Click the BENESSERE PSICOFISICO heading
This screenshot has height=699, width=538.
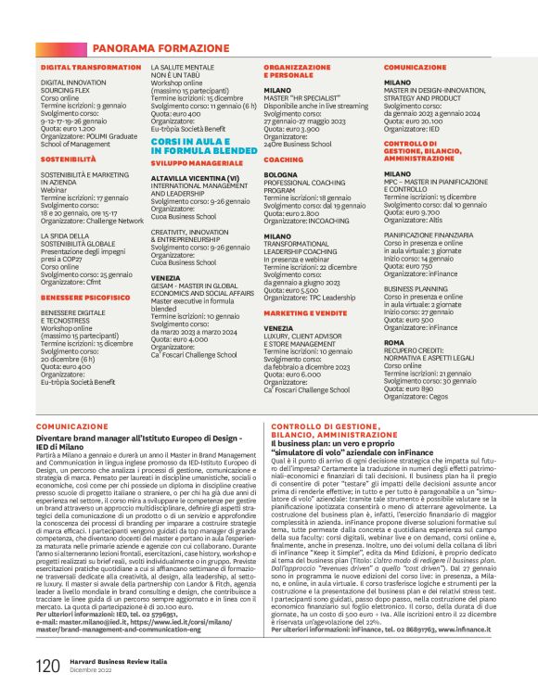[x=85, y=297]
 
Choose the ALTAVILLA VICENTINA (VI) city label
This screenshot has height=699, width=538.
[x=195, y=177]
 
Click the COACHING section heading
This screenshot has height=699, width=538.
[x=283, y=159]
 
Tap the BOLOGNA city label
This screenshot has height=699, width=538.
[x=281, y=174]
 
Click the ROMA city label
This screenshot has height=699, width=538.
[x=393, y=342]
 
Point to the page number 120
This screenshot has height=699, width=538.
[x=47, y=666]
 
